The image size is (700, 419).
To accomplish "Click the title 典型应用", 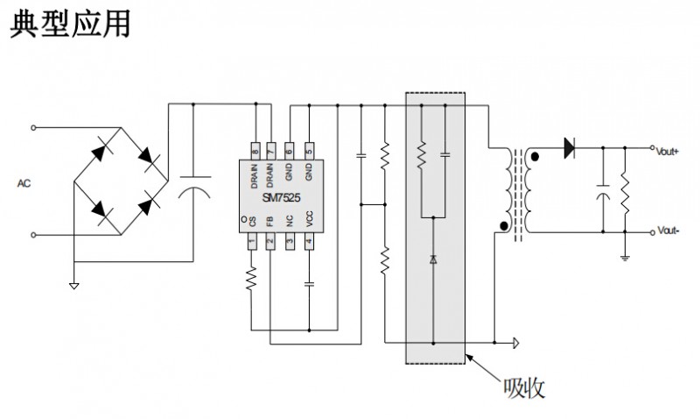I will (70, 23).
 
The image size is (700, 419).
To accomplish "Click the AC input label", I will (24, 183).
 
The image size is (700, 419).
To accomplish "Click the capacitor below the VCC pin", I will (309, 284).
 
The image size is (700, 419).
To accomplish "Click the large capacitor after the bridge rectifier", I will (193, 188).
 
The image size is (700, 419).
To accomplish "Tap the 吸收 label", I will (525, 386).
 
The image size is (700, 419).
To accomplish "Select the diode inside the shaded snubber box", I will (433, 259).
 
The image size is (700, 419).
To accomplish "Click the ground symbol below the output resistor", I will (626, 258).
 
